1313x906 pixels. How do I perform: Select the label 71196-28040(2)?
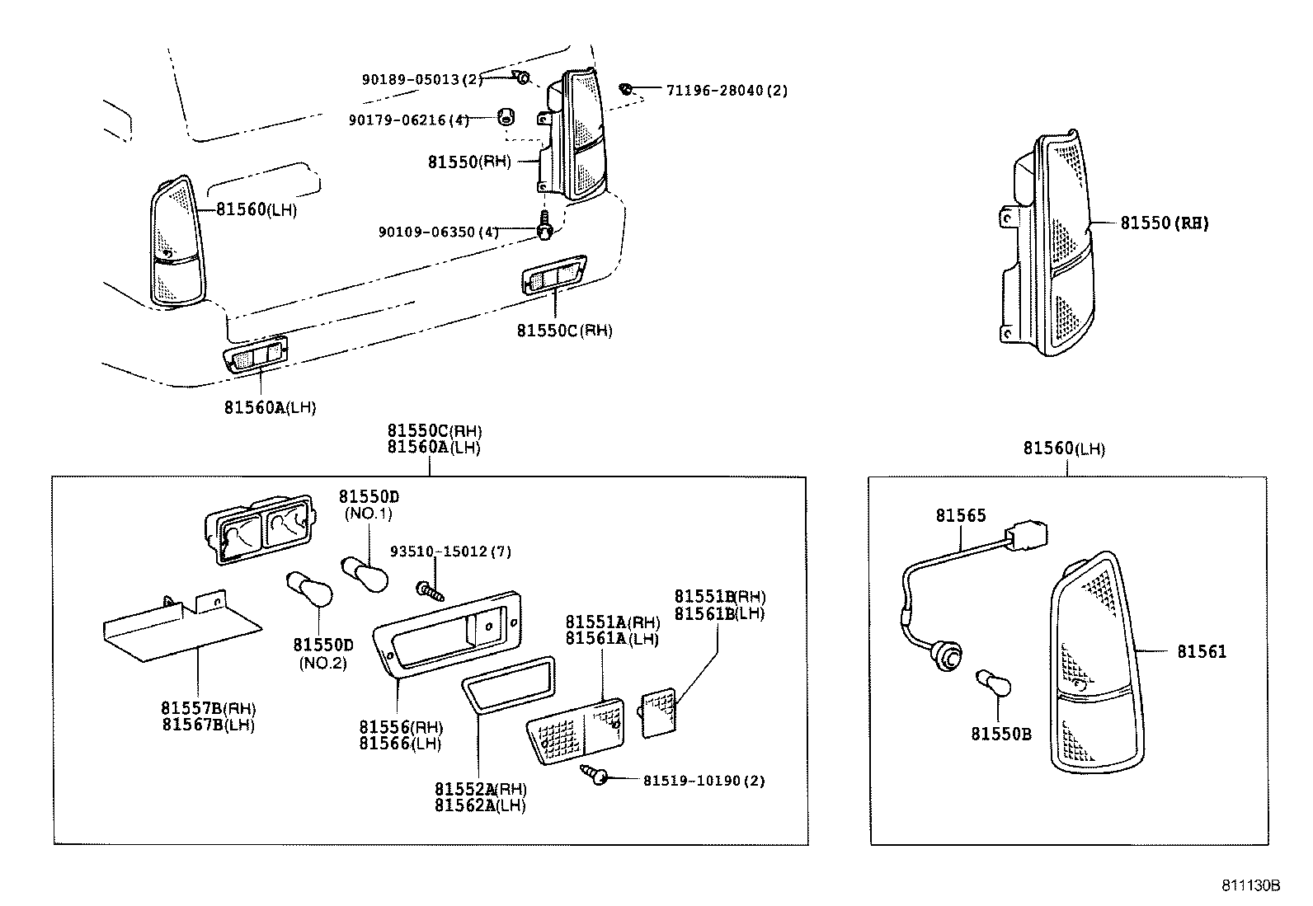pyautogui.click(x=726, y=90)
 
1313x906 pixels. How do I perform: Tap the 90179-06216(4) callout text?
pyautogui.click(x=408, y=120)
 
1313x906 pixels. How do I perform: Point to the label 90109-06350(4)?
pyautogui.click(x=438, y=232)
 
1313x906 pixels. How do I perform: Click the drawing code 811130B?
pyautogui.click(x=1250, y=885)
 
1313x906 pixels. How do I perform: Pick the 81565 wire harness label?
pyautogui.click(x=960, y=515)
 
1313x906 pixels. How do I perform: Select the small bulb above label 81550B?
pyautogui.click(x=994, y=682)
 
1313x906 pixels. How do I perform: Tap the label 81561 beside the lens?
pyautogui.click(x=1201, y=651)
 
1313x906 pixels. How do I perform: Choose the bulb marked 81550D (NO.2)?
pyautogui.click(x=310, y=590)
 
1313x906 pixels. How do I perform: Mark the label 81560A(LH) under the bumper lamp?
pyautogui.click(x=270, y=407)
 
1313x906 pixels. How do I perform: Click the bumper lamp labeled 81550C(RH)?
pyautogui.click(x=553, y=278)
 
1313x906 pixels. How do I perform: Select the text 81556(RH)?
pyautogui.click(x=401, y=727)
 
